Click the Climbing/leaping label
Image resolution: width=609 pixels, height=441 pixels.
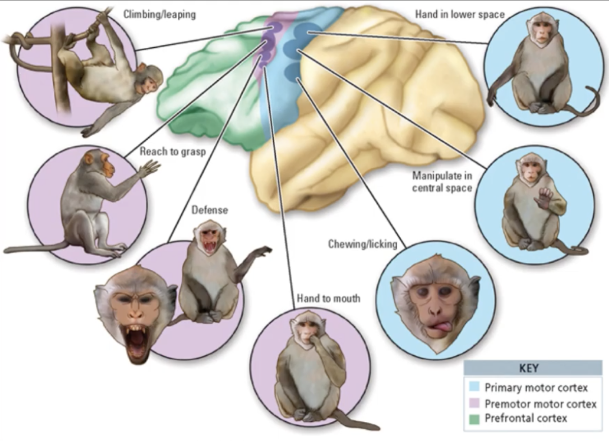[x=160, y=15]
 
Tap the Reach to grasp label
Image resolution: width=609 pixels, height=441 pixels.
[x=173, y=151]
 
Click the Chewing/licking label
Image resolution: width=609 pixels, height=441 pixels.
[x=362, y=244]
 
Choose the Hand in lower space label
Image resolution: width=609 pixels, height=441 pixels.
[x=460, y=14]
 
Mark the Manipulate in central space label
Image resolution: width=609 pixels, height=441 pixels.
[x=442, y=181]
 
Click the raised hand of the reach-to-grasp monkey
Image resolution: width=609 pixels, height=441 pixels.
[x=148, y=168]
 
